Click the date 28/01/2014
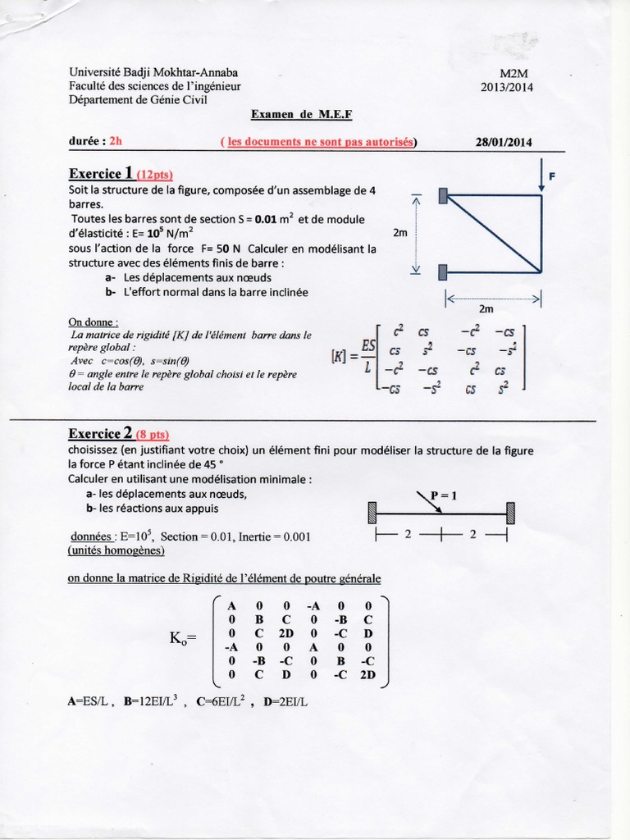coord(504,141)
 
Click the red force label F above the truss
coord(551,175)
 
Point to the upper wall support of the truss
coord(443,195)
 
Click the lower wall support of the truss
coord(443,271)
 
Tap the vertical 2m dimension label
coord(400,233)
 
